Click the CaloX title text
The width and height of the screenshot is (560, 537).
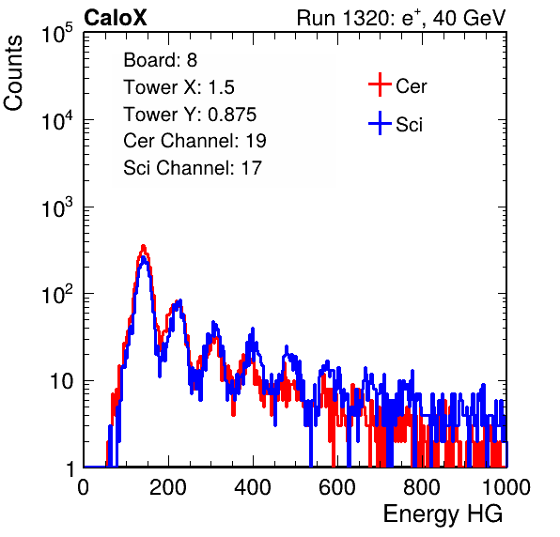(x=116, y=18)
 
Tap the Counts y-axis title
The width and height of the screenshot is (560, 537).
(x=13, y=73)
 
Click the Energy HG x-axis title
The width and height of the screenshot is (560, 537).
(x=443, y=514)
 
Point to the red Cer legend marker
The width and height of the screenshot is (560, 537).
(x=380, y=84)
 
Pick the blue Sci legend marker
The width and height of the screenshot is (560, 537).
(x=380, y=123)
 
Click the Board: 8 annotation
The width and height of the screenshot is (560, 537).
(x=161, y=60)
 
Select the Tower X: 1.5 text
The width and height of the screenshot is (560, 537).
(x=179, y=87)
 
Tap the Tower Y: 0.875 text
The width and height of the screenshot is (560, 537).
(x=190, y=115)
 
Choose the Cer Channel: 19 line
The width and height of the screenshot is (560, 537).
(x=195, y=141)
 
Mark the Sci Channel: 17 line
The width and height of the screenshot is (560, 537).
(x=193, y=168)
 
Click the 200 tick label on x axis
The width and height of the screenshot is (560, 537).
(x=168, y=487)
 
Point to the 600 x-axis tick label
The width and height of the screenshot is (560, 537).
(x=337, y=487)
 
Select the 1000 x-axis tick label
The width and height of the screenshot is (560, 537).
(x=506, y=487)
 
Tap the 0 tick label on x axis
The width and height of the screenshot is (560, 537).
(x=84, y=487)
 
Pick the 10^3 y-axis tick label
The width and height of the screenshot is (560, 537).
(x=57, y=207)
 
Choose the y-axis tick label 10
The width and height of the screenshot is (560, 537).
(x=61, y=381)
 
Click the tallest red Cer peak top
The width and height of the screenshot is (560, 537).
(x=144, y=246)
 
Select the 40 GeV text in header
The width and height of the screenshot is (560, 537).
(x=469, y=18)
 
